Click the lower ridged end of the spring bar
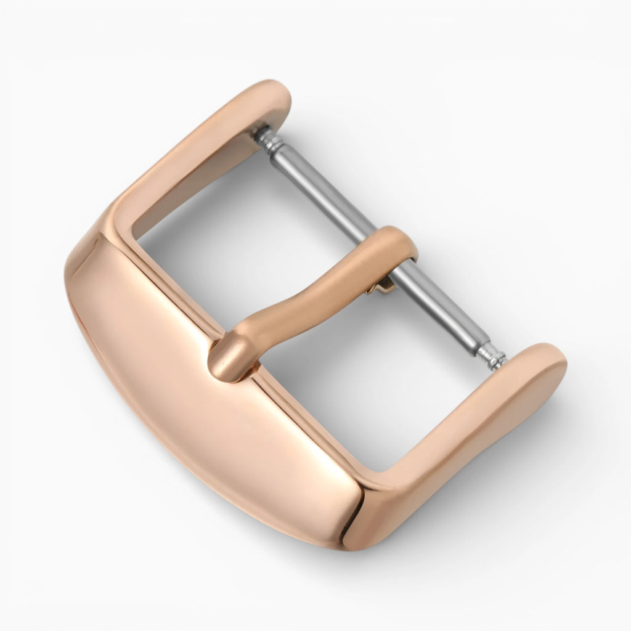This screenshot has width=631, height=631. coord(491,356)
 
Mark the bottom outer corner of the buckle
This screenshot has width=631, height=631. coord(354,542)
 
